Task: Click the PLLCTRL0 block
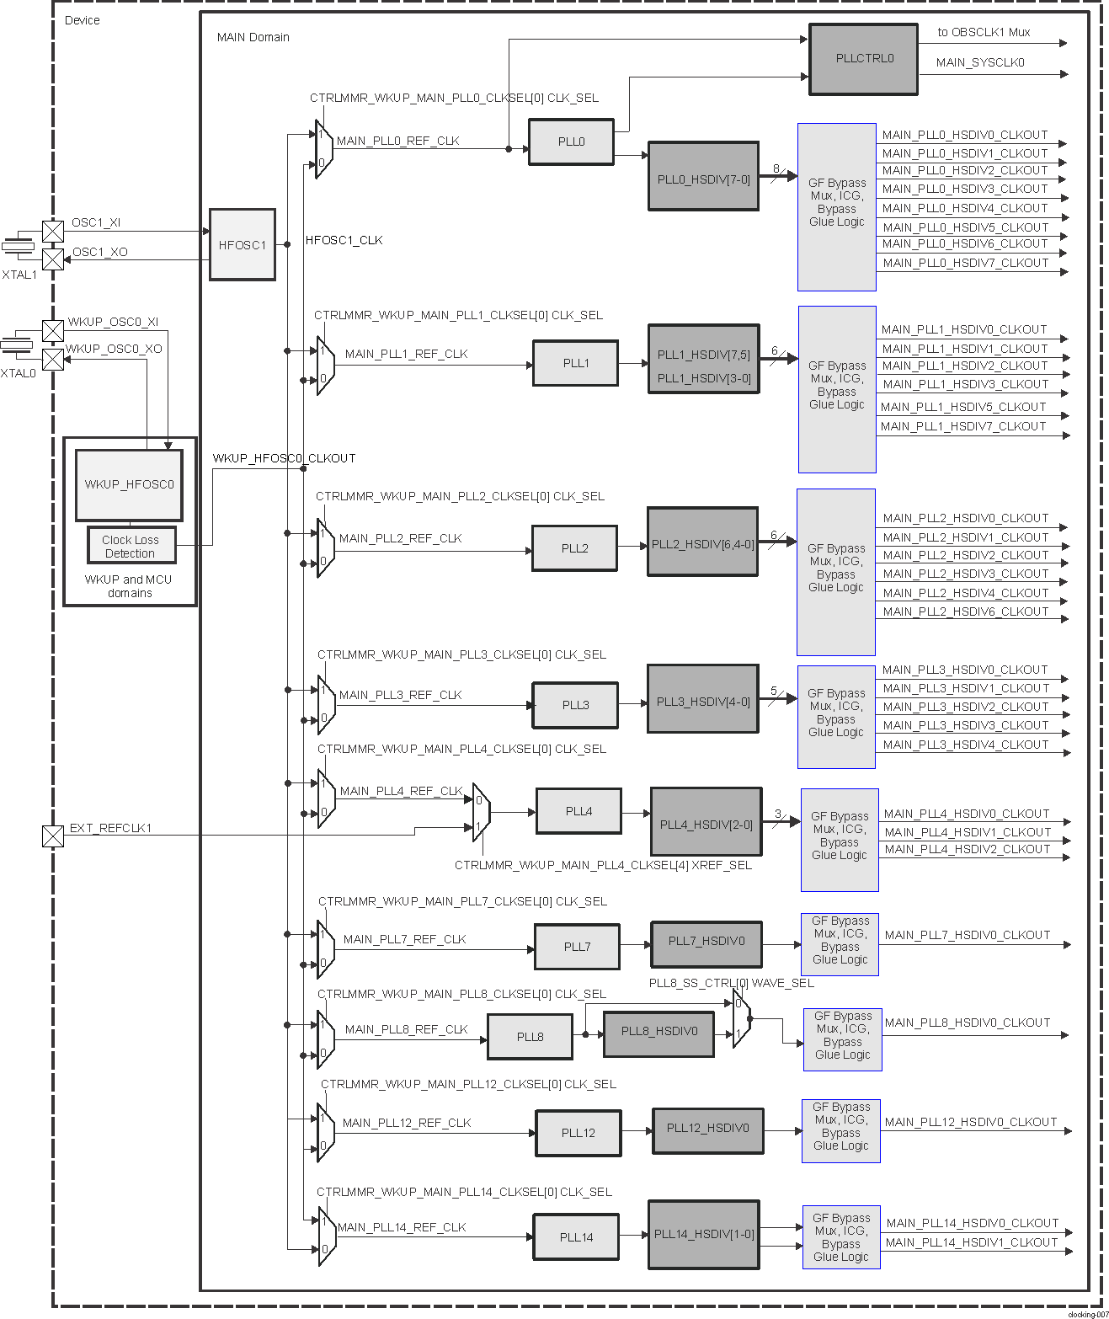(x=863, y=59)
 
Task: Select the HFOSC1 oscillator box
(x=243, y=245)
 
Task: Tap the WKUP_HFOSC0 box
(x=129, y=485)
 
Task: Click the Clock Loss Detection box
(x=131, y=547)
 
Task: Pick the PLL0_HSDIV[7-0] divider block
(x=703, y=177)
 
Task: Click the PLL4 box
(x=578, y=811)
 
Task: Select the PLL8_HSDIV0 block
(x=658, y=1033)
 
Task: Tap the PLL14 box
(x=577, y=1237)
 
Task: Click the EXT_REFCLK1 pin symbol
(x=53, y=836)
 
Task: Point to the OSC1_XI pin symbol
(x=53, y=231)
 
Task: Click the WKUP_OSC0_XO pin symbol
(x=53, y=360)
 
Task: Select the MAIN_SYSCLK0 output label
(x=980, y=63)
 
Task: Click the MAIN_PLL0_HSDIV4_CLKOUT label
(x=965, y=208)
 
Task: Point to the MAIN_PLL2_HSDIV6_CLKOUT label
(x=966, y=611)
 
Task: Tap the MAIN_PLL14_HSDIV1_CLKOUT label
(x=972, y=1242)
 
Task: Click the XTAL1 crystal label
(x=19, y=275)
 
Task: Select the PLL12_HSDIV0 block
(x=707, y=1129)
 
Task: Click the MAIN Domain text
(x=253, y=38)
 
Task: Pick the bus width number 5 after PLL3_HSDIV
(x=774, y=692)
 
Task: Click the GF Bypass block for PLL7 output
(x=840, y=945)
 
